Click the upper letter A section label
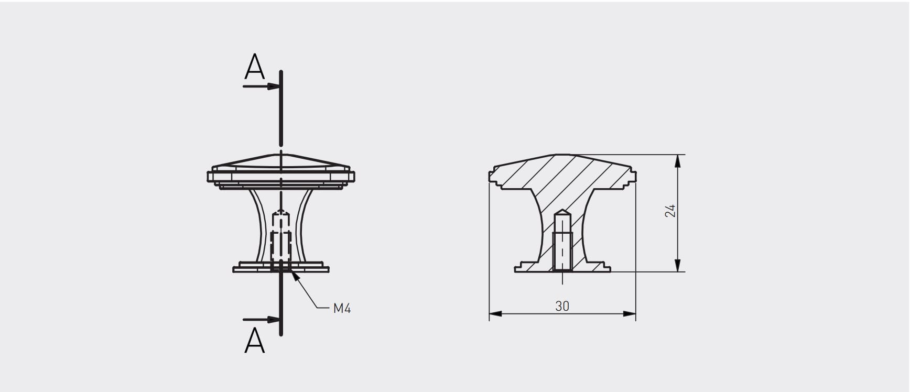pos(255,67)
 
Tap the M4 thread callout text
pos(342,308)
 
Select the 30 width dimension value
pos(562,306)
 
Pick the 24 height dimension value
pos(670,211)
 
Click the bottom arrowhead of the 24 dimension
pos(678,266)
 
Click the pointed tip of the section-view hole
pos(562,210)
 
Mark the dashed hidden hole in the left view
pos(281,238)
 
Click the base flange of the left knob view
pos(281,269)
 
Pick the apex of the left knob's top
pos(281,155)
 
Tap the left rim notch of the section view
pos(492,176)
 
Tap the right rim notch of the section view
pos(633,176)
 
